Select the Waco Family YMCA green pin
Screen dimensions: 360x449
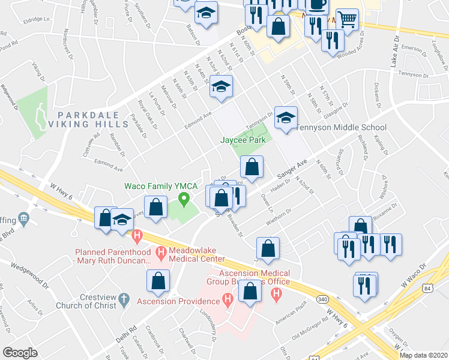click(185, 198)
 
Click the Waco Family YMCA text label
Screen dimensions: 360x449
click(161, 186)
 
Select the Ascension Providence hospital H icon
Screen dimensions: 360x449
click(227, 298)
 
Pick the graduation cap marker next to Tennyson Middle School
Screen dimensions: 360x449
click(286, 118)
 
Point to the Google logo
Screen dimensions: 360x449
click(20, 353)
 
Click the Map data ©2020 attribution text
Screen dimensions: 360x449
click(424, 355)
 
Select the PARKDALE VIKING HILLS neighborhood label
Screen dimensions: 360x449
click(93, 119)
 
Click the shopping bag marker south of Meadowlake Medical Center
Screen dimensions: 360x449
click(158, 281)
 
